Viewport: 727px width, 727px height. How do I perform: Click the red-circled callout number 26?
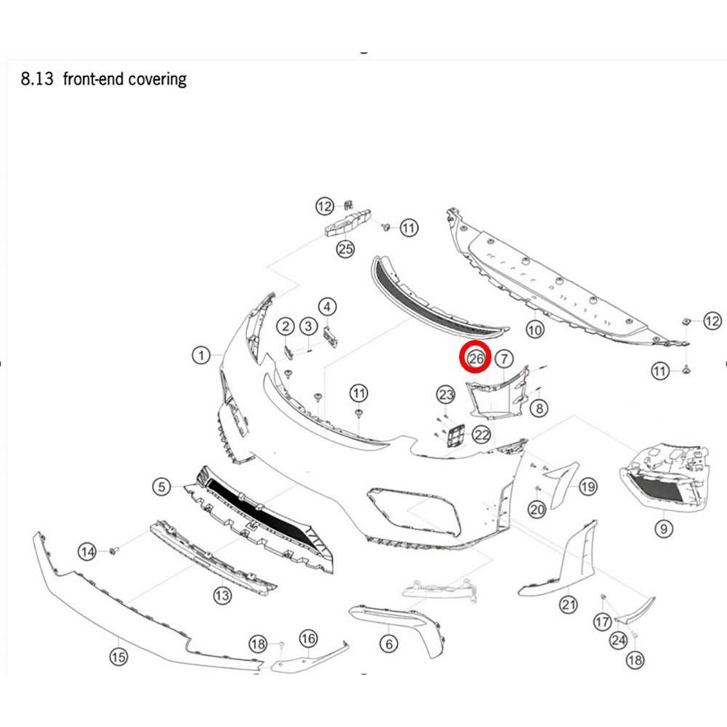[475, 358]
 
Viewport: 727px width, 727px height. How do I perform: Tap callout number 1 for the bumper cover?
[201, 356]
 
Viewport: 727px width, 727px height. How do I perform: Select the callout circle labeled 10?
[535, 329]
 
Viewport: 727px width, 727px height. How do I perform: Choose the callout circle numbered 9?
[664, 529]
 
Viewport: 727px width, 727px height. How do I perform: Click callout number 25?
[345, 249]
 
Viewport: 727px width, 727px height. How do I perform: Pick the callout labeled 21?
[569, 605]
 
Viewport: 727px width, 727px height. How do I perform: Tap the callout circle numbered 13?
[222, 595]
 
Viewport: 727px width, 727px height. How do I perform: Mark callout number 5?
[161, 487]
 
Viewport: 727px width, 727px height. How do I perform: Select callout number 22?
[482, 435]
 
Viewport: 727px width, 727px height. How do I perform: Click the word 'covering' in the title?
[157, 79]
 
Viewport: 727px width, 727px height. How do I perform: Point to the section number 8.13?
[37, 79]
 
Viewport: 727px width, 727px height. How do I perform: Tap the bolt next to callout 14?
[113, 550]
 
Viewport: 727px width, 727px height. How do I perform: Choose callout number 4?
[327, 307]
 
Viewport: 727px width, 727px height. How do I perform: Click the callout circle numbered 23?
[446, 395]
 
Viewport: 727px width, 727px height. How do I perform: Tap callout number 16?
[308, 639]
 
